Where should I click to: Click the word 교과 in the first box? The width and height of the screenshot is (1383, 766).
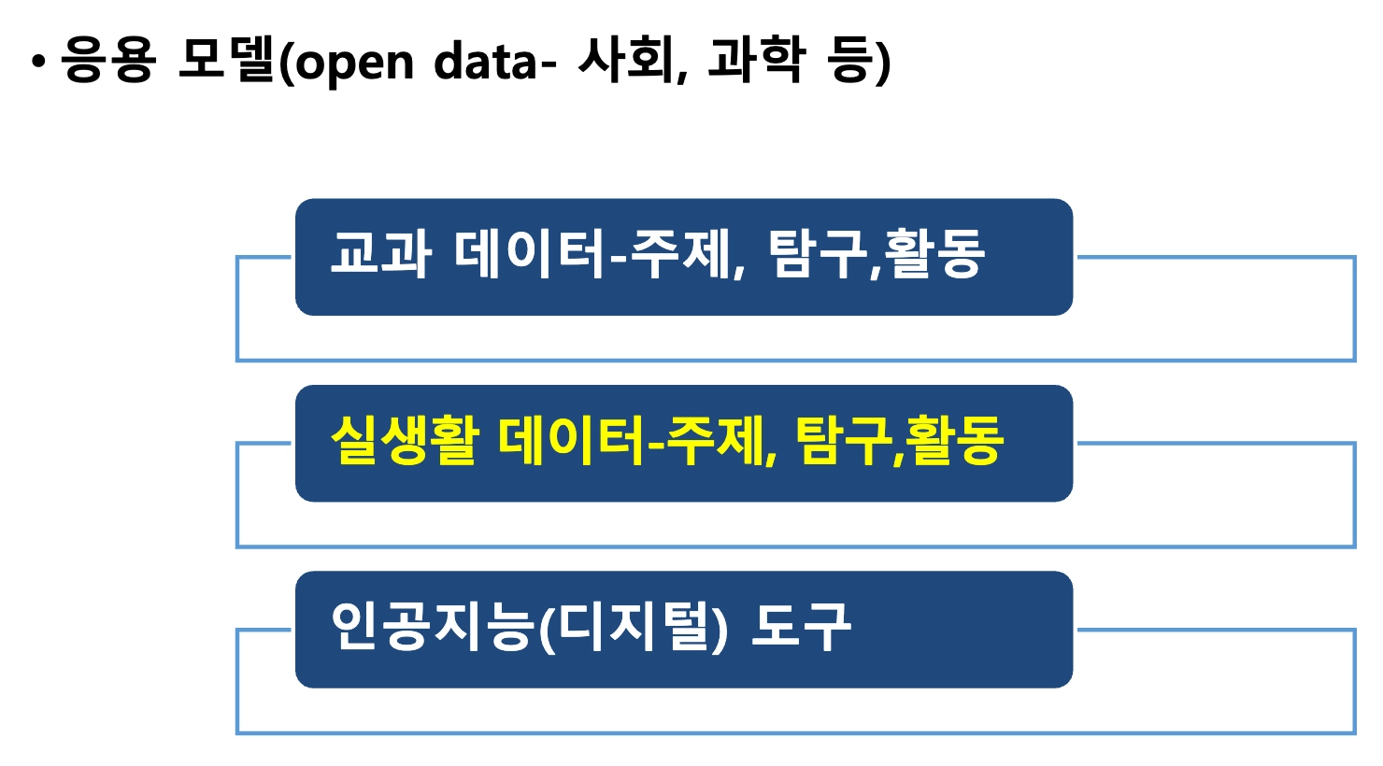click(x=380, y=254)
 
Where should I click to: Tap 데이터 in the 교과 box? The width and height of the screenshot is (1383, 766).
click(x=530, y=254)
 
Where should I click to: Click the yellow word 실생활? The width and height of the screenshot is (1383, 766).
click(x=404, y=441)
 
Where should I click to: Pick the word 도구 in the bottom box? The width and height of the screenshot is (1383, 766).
click(x=802, y=627)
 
